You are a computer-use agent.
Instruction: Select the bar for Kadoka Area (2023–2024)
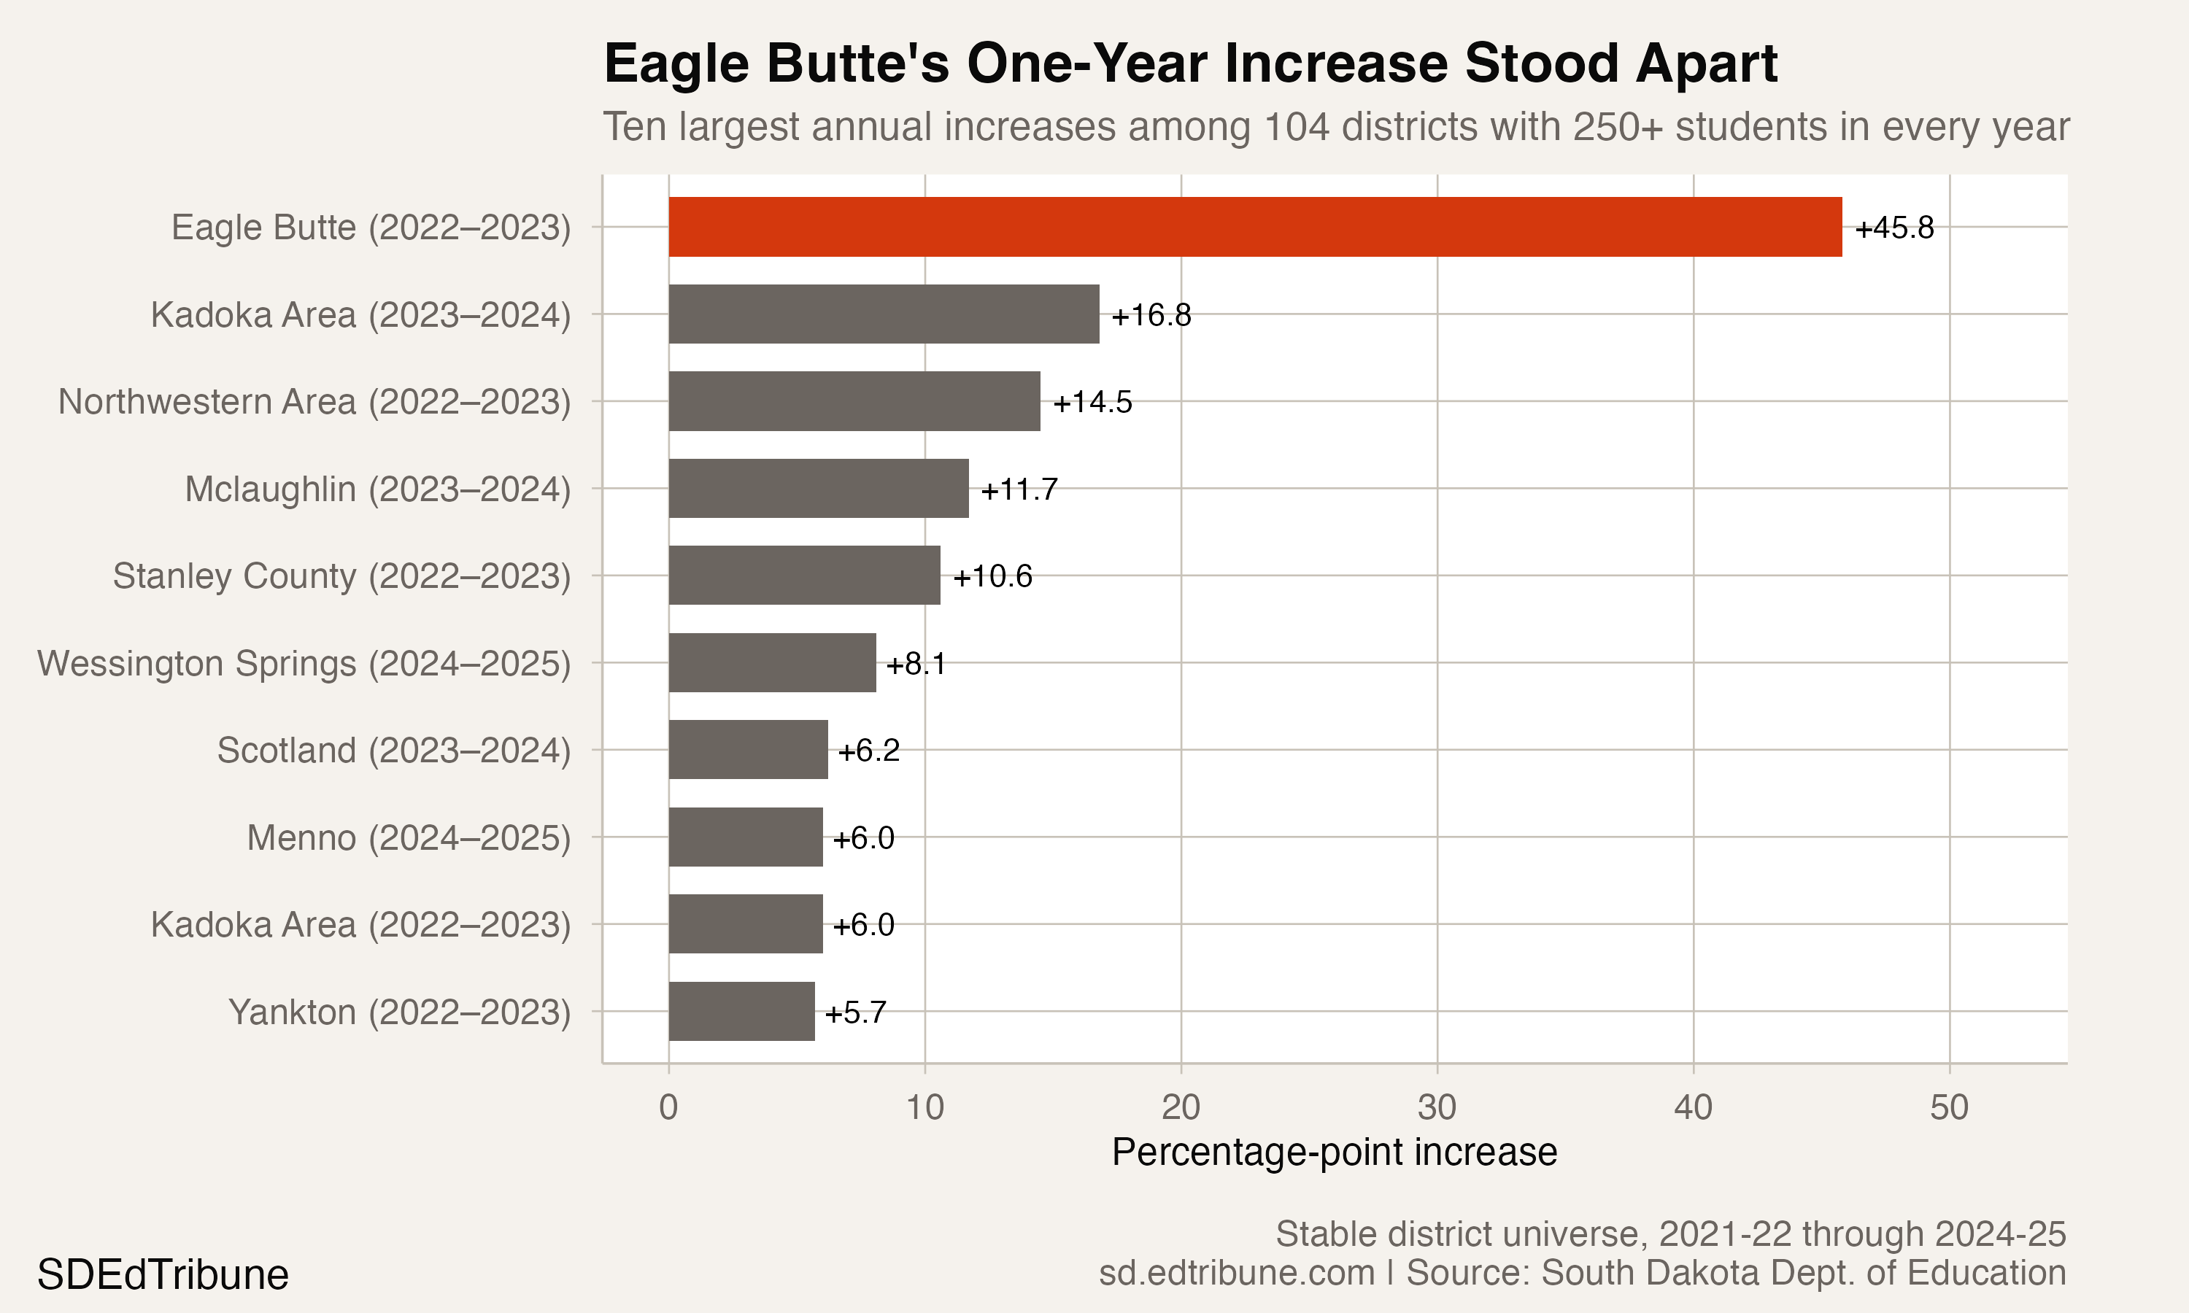click(884, 314)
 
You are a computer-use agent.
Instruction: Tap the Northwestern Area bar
click(854, 400)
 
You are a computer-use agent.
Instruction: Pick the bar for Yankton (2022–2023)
click(741, 1011)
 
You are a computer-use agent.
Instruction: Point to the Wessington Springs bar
click(773, 662)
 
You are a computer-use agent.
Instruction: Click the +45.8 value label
click(1894, 228)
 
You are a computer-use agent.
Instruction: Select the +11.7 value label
click(1019, 489)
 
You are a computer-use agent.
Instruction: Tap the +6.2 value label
click(869, 751)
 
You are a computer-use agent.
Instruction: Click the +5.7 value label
click(856, 1012)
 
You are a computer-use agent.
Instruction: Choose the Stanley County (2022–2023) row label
click(341, 576)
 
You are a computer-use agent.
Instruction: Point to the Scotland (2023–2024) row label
click(394, 751)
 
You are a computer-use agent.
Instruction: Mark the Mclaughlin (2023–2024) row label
click(378, 489)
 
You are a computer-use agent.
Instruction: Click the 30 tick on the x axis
click(1437, 1107)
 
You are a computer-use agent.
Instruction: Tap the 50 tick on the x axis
click(1949, 1107)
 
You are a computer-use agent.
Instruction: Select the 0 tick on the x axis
click(669, 1107)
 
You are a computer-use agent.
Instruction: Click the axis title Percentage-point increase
click(1335, 1152)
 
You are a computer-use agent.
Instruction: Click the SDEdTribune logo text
click(163, 1275)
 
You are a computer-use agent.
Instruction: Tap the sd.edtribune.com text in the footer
click(1237, 1272)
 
